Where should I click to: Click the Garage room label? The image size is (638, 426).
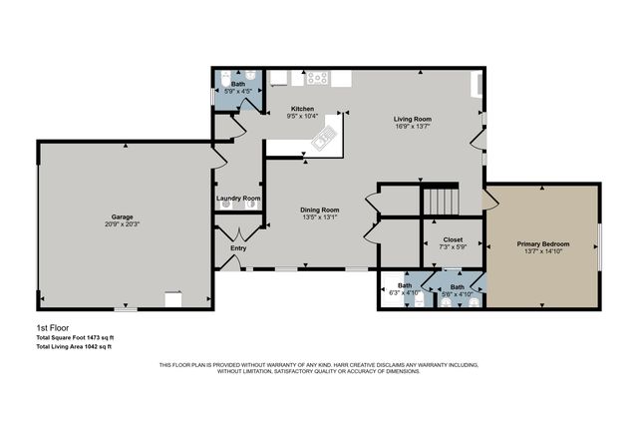[x=123, y=216]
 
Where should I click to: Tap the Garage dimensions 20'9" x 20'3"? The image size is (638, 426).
[x=123, y=224]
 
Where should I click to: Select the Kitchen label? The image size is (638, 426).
[x=302, y=109]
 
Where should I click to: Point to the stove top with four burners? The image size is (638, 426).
[x=318, y=77]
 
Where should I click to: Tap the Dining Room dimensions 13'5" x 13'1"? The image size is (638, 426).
[x=320, y=217]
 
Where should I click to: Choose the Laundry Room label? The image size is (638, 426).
[x=238, y=199]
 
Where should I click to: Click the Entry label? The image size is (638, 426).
[x=238, y=248]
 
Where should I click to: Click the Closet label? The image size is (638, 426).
[x=453, y=239]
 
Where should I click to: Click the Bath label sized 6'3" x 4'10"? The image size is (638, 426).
[x=405, y=285]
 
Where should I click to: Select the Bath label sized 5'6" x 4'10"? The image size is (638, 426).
[x=457, y=285]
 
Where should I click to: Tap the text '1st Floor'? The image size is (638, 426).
[x=50, y=326]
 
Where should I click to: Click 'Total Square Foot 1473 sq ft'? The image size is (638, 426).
[x=74, y=337]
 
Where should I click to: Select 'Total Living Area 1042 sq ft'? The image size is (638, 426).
[x=74, y=347]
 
